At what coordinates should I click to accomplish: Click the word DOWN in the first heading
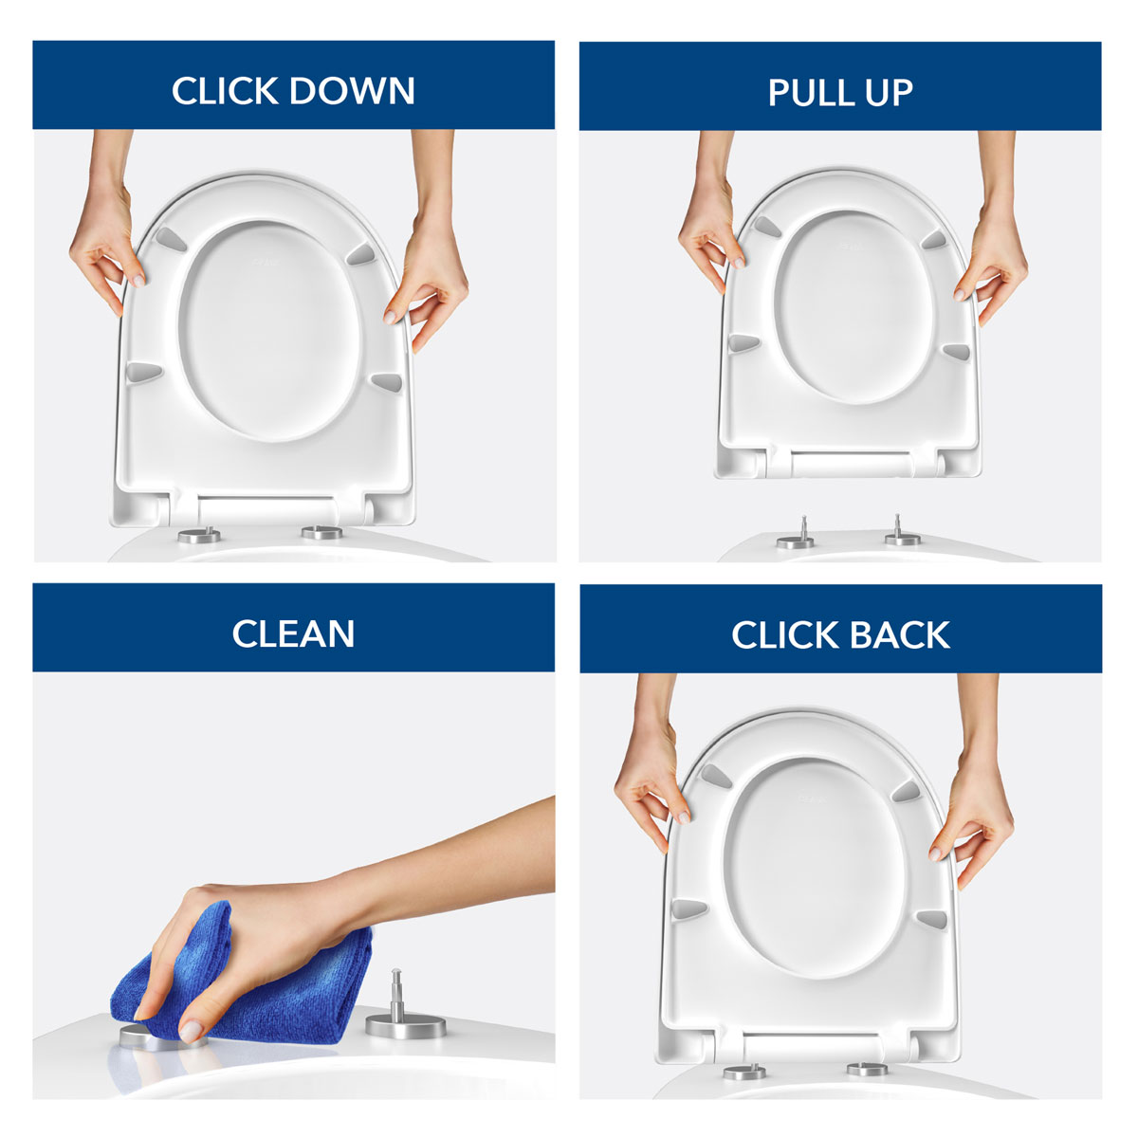click(352, 91)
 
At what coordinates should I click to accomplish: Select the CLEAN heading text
click(293, 633)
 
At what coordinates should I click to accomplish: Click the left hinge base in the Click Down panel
click(199, 536)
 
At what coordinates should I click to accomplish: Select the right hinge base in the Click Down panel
click(322, 533)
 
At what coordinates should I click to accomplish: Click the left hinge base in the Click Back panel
click(744, 1073)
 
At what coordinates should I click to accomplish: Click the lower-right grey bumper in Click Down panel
click(386, 381)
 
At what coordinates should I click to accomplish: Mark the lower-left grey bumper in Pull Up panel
click(745, 342)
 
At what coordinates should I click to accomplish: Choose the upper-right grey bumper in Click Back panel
click(906, 789)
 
